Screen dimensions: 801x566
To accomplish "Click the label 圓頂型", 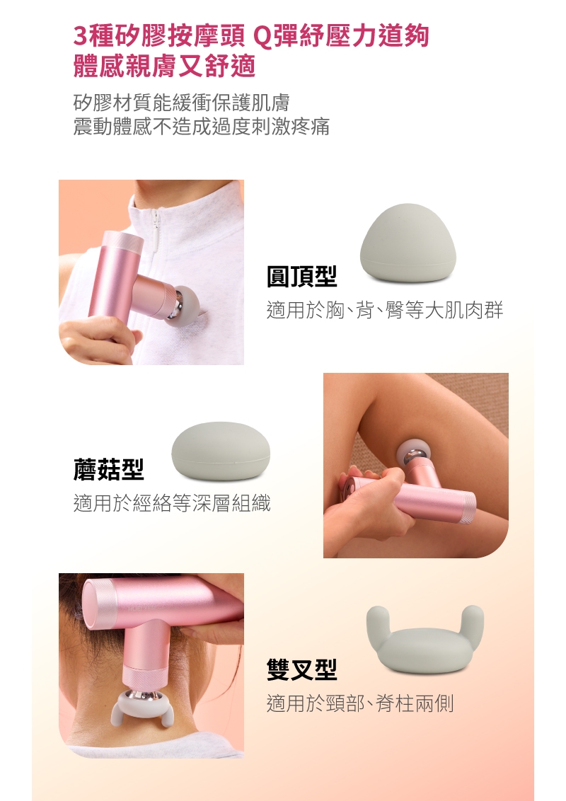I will pyautogui.click(x=301, y=277).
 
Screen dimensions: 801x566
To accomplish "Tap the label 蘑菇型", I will pyautogui.click(x=108, y=468).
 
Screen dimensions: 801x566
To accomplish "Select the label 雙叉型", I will pyautogui.click(x=301, y=669).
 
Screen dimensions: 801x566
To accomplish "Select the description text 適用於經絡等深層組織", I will pyautogui.click(x=172, y=503).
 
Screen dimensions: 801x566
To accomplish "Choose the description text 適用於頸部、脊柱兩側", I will pyautogui.click(x=359, y=703).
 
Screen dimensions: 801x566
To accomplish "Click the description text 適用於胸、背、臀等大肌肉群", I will pyautogui.click(x=384, y=310).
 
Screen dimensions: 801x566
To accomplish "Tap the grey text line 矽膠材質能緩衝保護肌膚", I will pyautogui.click(x=181, y=103).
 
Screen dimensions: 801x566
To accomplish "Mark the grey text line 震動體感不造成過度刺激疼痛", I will pyautogui.click(x=201, y=127).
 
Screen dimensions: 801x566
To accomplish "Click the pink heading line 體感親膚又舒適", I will pyautogui.click(x=164, y=66).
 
